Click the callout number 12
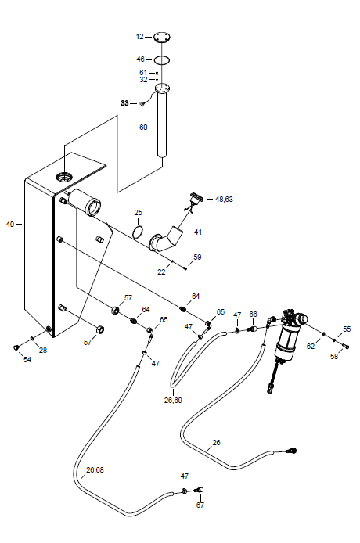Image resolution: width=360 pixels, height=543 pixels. click(x=139, y=37)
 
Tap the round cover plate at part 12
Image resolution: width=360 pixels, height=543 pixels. click(x=162, y=37)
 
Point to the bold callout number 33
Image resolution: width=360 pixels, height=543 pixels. click(x=124, y=103)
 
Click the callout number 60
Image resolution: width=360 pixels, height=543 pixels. click(x=143, y=128)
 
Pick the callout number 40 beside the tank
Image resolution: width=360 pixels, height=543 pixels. click(x=10, y=225)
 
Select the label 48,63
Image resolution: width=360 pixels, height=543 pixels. click(x=224, y=199)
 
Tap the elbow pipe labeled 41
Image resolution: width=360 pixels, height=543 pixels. click(x=166, y=241)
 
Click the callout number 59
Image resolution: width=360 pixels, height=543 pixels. click(x=197, y=257)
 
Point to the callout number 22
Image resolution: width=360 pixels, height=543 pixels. click(x=161, y=272)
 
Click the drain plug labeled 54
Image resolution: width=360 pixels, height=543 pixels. click(x=16, y=347)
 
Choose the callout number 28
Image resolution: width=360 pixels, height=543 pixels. click(x=42, y=350)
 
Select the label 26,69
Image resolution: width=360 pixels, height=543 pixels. click(x=173, y=401)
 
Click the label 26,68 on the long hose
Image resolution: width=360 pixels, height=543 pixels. click(x=95, y=470)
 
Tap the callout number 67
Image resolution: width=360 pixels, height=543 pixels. click(x=200, y=505)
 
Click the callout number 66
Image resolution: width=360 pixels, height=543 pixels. click(x=254, y=314)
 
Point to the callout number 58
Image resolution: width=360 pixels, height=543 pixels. click(x=334, y=356)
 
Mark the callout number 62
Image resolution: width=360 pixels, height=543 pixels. click(x=311, y=346)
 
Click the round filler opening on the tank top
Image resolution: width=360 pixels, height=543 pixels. click(x=64, y=177)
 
